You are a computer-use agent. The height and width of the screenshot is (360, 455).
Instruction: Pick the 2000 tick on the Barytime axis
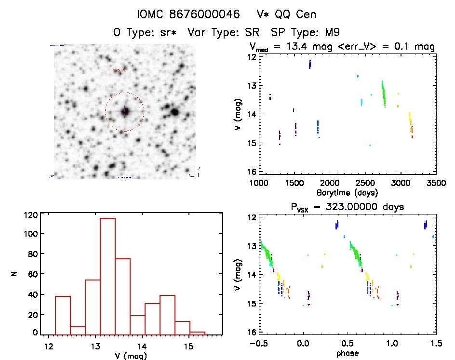tap(330, 183)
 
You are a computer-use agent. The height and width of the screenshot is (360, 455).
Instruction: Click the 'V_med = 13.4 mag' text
tap(294, 47)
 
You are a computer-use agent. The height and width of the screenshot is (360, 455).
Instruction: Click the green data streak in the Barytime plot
tap(384, 94)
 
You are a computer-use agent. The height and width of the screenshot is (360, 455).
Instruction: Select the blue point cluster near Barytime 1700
tap(310, 64)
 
